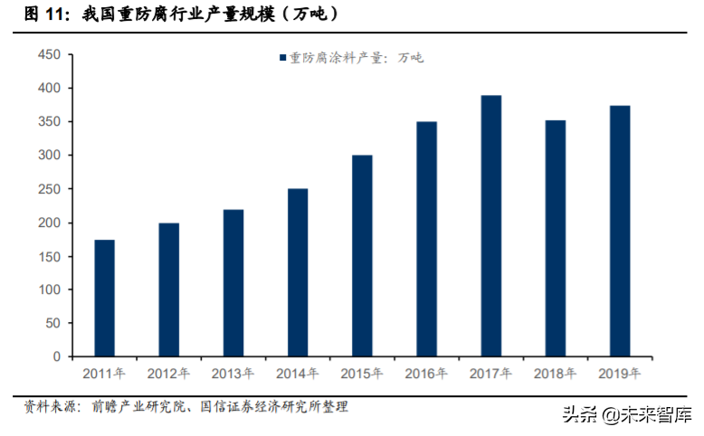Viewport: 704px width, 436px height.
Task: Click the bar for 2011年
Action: pos(104,299)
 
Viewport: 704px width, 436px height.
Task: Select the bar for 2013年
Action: pos(233,283)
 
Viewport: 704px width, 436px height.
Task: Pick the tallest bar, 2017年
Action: pos(490,226)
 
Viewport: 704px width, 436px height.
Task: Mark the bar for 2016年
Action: pos(426,239)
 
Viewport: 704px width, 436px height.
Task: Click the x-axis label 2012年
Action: pos(168,373)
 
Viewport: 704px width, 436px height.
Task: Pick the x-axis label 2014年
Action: pos(298,373)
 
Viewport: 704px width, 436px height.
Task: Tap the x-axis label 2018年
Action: pos(555,373)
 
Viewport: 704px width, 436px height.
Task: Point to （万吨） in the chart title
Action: pos(307,14)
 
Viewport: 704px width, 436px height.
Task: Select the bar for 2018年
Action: pos(555,239)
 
